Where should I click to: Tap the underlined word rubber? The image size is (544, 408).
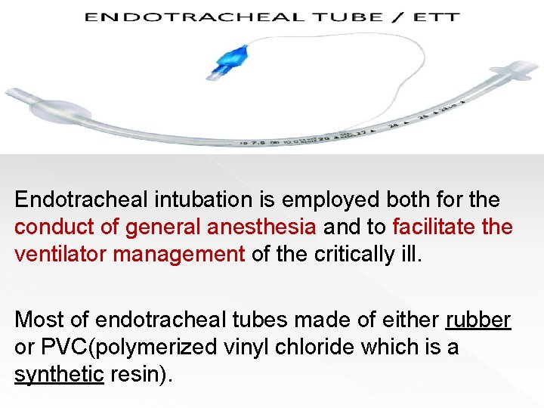coord(478,320)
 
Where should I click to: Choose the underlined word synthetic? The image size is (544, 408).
coord(58,375)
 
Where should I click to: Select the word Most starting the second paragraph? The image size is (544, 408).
coord(37,320)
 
